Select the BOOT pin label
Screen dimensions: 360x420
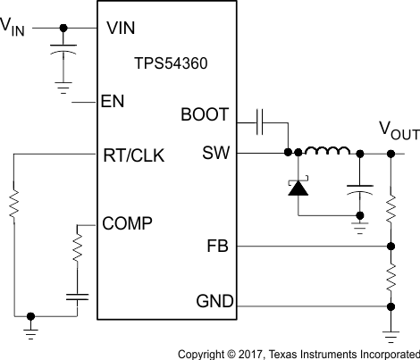(x=205, y=115)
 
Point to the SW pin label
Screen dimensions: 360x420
(x=215, y=154)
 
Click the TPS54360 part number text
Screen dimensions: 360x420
(x=165, y=65)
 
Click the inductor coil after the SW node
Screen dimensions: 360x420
(x=324, y=152)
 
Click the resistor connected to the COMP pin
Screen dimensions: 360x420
(x=78, y=247)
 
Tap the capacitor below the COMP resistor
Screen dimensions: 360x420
(x=78, y=297)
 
